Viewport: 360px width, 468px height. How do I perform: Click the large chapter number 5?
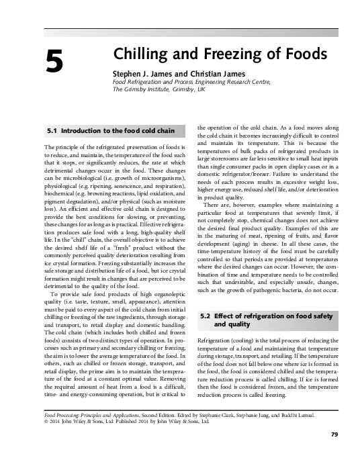[x=55, y=62]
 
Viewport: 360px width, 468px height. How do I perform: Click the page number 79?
[x=334, y=455]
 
